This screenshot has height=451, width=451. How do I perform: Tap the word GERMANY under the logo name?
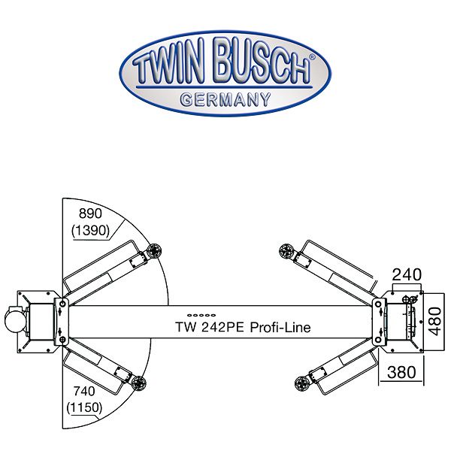coord(225,98)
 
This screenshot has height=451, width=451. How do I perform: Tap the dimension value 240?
coord(407,275)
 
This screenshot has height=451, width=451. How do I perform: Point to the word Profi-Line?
coord(280,328)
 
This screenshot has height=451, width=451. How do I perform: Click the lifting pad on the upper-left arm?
coord(156,252)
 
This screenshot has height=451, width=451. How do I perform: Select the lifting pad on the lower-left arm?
coord(138,383)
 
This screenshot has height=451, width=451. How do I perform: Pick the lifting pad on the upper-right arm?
coord(286,252)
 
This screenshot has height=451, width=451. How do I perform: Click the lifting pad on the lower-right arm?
coord(304,383)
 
